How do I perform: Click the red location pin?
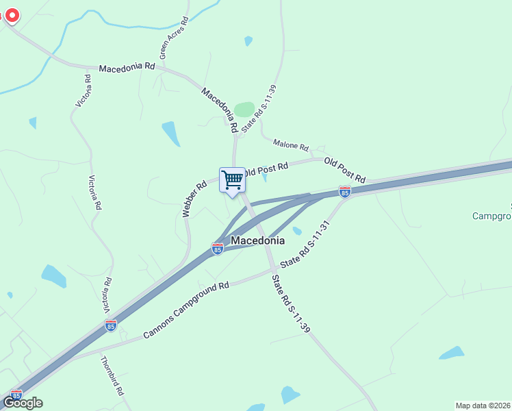pyautogui.click(x=12, y=15)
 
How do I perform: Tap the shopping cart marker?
pyautogui.click(x=232, y=180)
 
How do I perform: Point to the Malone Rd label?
pyautogui.click(x=291, y=145)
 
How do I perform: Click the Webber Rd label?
pyautogui.click(x=194, y=199)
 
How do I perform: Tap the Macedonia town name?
pyautogui.click(x=257, y=241)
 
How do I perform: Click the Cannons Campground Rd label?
pyautogui.click(x=185, y=310)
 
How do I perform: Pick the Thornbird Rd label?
pyautogui.click(x=112, y=376)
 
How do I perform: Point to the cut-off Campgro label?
pyautogui.click(x=491, y=216)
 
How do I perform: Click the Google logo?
pyautogui.click(x=23, y=403)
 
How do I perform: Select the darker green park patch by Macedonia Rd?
pyautogui.click(x=244, y=110)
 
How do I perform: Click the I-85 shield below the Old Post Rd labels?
pyautogui.click(x=345, y=192)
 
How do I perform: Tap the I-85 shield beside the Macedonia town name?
pyautogui.click(x=218, y=249)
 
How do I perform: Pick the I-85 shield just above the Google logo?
pyautogui.click(x=16, y=394)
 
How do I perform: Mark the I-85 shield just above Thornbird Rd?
pyautogui.click(x=111, y=325)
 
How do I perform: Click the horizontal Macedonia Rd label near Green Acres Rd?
pyautogui.click(x=127, y=68)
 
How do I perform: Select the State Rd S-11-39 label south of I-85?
pyautogui.click(x=291, y=304)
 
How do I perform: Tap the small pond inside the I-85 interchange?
pyautogui.click(x=296, y=231)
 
